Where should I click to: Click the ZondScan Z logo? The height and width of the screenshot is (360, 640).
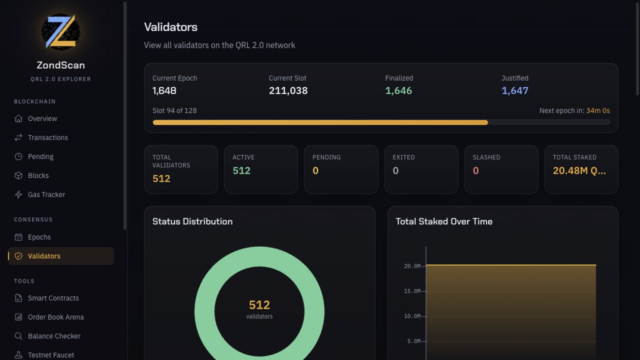tap(61, 32)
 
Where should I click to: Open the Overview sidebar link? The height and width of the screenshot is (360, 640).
tap(42, 118)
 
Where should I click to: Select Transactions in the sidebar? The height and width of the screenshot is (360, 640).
tap(48, 138)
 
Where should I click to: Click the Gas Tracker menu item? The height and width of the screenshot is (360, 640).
tap(46, 195)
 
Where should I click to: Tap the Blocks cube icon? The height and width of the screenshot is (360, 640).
tap(19, 175)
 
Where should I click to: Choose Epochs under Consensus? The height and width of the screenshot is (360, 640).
tap(39, 237)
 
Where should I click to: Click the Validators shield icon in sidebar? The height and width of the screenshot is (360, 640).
tap(19, 256)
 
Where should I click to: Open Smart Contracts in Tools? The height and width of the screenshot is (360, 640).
tap(53, 298)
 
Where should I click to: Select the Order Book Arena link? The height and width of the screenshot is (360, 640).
tap(55, 317)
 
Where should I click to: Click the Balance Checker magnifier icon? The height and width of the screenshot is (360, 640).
tap(19, 336)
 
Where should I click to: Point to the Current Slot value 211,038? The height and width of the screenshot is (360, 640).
tap(288, 91)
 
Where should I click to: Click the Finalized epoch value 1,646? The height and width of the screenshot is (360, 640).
tap(398, 91)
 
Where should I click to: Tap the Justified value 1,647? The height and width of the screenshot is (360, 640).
tap(515, 91)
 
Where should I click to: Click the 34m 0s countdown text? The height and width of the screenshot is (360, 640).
tap(598, 110)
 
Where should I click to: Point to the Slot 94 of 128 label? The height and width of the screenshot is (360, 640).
tap(174, 110)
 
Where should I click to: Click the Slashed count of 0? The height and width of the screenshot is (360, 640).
tap(476, 170)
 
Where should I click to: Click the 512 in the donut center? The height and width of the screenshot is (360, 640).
tap(259, 305)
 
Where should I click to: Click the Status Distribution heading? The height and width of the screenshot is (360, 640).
tap(192, 221)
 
